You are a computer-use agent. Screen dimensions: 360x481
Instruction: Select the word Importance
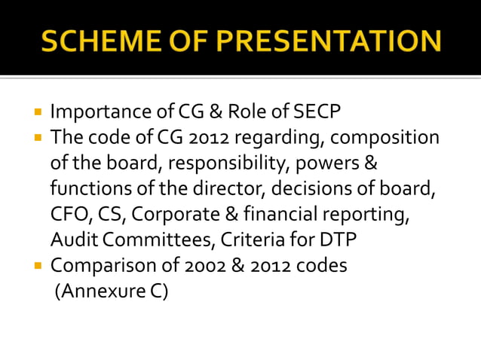[x=97, y=112]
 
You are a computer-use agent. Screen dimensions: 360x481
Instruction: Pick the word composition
[x=384, y=139]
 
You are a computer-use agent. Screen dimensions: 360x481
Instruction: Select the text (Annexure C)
[x=112, y=291]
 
